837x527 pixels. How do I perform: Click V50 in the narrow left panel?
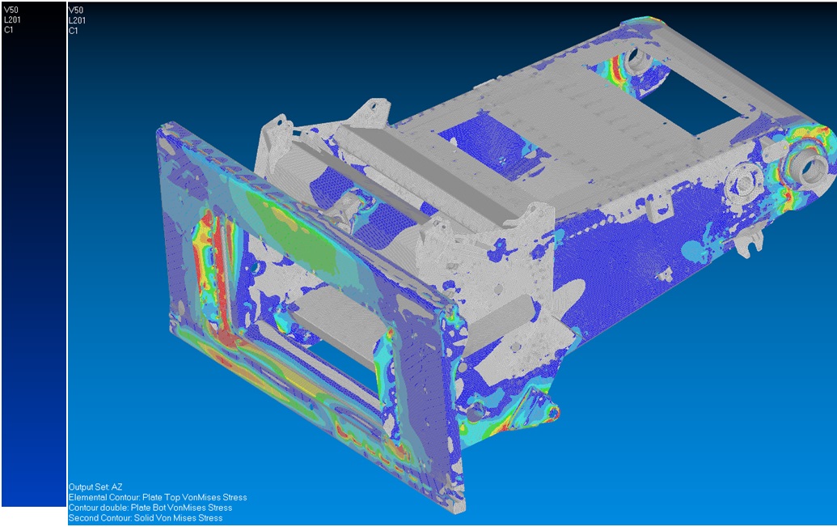(x=11, y=10)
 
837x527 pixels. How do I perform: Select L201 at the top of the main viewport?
(x=77, y=20)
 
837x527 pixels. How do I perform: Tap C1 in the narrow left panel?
(x=9, y=30)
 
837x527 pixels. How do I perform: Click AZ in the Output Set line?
(x=116, y=487)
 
